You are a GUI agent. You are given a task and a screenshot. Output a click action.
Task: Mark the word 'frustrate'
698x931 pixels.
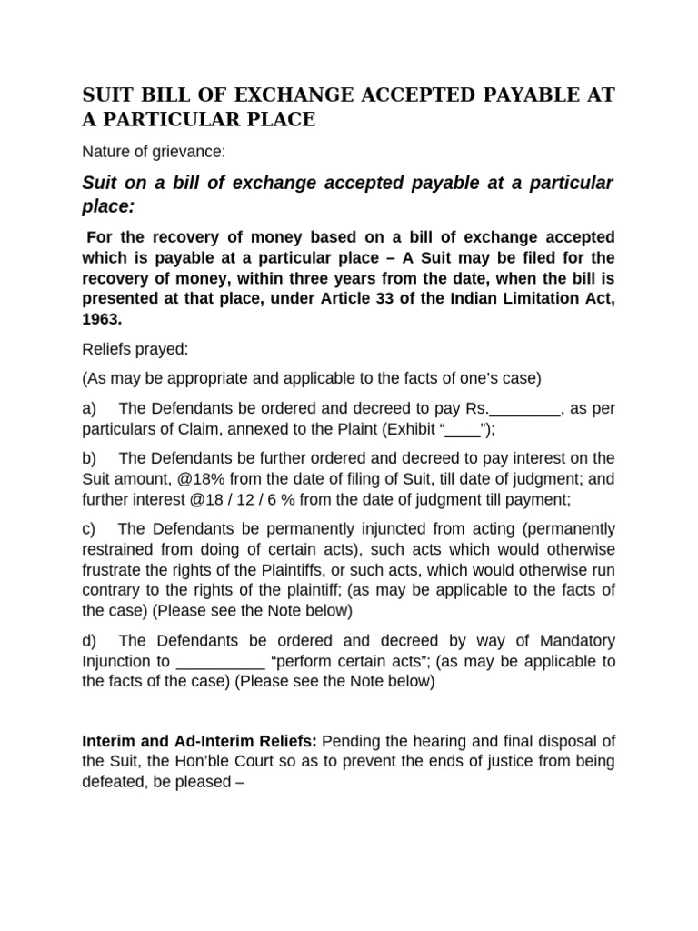click(114, 569)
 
